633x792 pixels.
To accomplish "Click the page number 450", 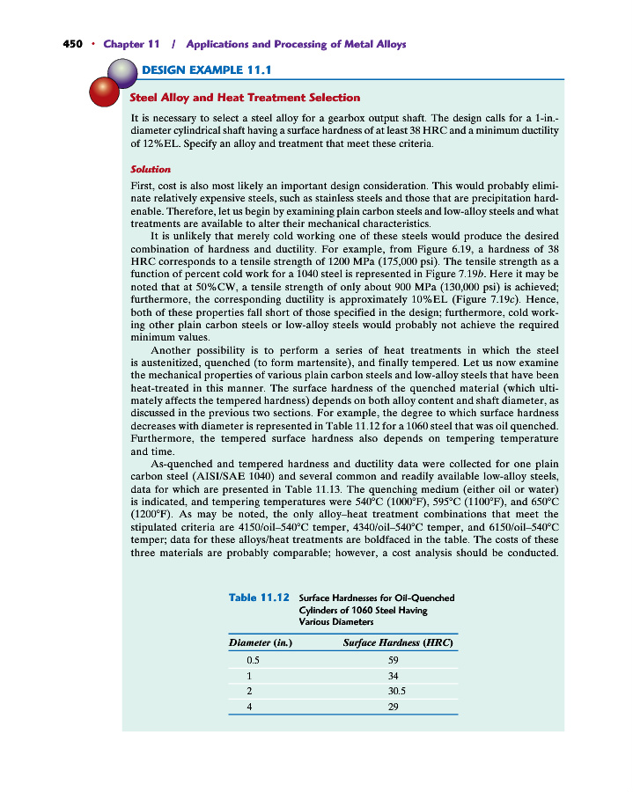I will point(73,43).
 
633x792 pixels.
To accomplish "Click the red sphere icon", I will point(107,91).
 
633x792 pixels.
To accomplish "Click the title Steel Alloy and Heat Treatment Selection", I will point(245,97).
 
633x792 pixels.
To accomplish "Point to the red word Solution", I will point(150,168).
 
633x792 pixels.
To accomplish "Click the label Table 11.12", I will point(259,598).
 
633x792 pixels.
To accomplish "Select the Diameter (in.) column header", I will point(261,642).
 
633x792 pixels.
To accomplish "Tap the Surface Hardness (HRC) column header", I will point(398,642).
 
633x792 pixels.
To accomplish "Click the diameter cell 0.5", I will point(253,659).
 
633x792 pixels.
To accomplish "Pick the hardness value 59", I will point(394,659).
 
